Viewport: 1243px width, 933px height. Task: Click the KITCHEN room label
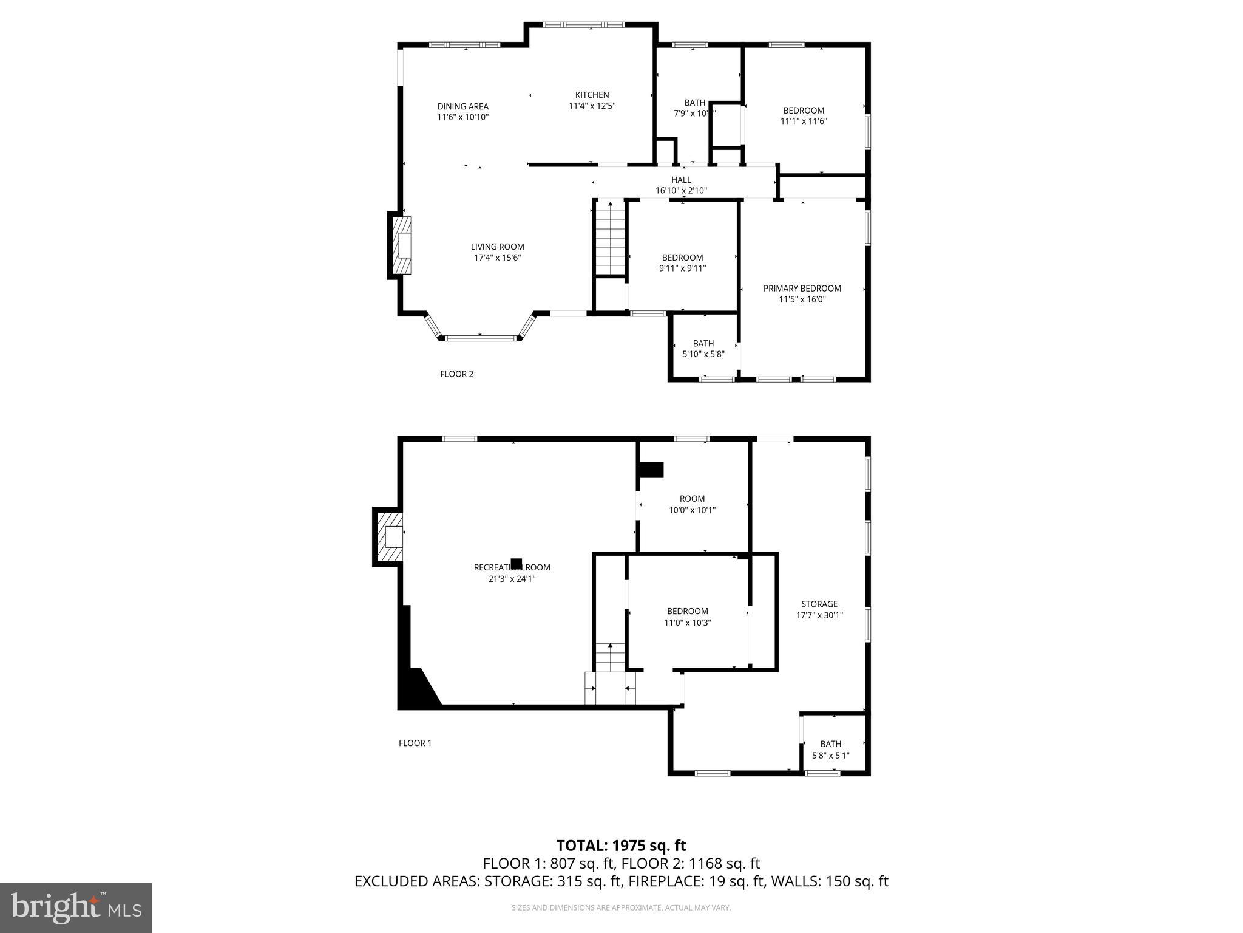click(x=592, y=95)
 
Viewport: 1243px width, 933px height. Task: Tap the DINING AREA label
click(x=462, y=106)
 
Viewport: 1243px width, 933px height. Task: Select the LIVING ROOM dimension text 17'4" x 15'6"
click(x=497, y=258)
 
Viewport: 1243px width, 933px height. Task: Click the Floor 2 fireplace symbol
click(x=401, y=245)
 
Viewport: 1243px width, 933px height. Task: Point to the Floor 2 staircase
click(x=609, y=239)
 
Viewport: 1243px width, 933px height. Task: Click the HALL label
click(x=681, y=180)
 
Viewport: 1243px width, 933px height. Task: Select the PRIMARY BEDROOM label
click(x=802, y=289)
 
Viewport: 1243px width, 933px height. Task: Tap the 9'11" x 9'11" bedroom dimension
click(x=682, y=268)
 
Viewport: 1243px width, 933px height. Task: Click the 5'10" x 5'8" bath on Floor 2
click(x=703, y=349)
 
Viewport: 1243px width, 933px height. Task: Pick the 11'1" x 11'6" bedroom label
click(x=804, y=115)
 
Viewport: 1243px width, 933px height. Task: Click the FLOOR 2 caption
click(x=456, y=374)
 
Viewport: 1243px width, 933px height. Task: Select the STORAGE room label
click(x=819, y=604)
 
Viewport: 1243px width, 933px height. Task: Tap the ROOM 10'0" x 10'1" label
click(x=692, y=504)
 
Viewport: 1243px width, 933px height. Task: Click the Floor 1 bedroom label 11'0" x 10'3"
click(x=687, y=617)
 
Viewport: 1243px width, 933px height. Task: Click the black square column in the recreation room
click(x=517, y=563)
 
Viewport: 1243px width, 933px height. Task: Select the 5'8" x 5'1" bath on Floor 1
click(x=830, y=750)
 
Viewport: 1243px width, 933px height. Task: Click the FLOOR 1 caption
click(x=415, y=743)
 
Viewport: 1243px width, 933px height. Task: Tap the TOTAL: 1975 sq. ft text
click(x=621, y=846)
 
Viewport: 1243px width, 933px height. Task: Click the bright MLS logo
click(x=76, y=908)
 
